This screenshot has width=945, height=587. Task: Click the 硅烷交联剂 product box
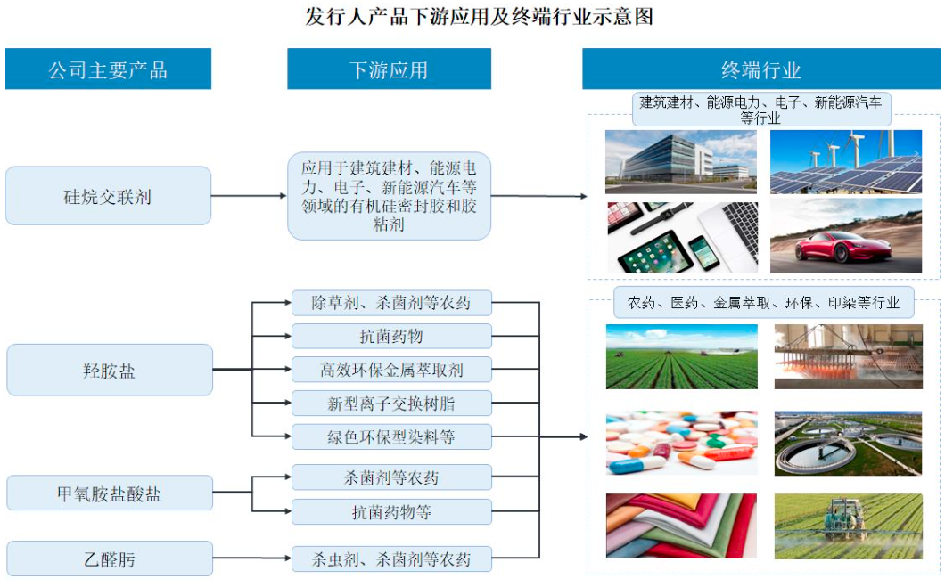pyautogui.click(x=108, y=196)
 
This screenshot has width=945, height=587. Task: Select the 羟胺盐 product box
pyautogui.click(x=109, y=370)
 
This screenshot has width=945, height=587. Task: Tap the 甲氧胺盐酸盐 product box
pyautogui.click(x=109, y=493)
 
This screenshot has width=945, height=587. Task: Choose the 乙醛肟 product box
pyautogui.click(x=109, y=559)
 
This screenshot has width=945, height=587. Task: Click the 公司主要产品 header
pyautogui.click(x=108, y=69)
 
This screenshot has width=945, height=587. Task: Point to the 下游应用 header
pyautogui.click(x=389, y=69)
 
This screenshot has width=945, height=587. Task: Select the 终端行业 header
pyautogui.click(x=760, y=69)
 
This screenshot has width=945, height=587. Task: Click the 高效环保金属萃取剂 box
pyautogui.click(x=391, y=369)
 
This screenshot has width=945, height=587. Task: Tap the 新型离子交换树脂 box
pyautogui.click(x=391, y=403)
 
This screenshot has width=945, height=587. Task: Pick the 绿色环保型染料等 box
pyautogui.click(x=391, y=436)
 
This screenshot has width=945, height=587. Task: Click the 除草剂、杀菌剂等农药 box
pyautogui.click(x=391, y=302)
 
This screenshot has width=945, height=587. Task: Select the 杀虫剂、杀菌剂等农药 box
pyautogui.click(x=391, y=559)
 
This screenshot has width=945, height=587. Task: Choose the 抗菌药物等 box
pyautogui.click(x=391, y=511)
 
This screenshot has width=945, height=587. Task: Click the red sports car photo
pyautogui.click(x=845, y=236)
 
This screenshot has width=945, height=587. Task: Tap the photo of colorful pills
pyautogui.click(x=681, y=443)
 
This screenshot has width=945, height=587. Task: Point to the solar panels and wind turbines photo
pyautogui.click(x=845, y=161)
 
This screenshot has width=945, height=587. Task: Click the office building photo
pyautogui.click(x=681, y=161)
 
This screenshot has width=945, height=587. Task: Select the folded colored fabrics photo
pyautogui.click(x=681, y=526)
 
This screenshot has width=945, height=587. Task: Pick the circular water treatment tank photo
pyautogui.click(x=848, y=443)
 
